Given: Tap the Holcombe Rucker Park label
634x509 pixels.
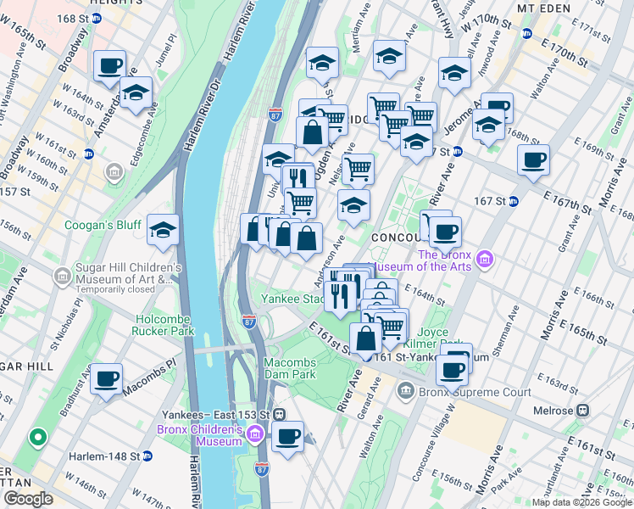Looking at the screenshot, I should point(163,325).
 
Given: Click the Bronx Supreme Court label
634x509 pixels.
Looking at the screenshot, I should point(475,392).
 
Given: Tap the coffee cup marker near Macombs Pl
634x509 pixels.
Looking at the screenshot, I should point(106,379).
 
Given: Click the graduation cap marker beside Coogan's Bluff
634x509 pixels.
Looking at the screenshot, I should point(163,229).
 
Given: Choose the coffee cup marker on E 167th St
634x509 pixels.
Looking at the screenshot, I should point(533,160).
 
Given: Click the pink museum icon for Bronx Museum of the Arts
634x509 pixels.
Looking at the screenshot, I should point(484,257).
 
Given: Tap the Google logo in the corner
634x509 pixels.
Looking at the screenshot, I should point(28,499).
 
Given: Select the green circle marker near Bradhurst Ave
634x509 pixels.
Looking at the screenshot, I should point(36,438).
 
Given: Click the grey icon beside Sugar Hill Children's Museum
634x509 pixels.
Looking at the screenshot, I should point(61,277).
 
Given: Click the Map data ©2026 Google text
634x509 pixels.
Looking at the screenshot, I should point(581,502).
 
